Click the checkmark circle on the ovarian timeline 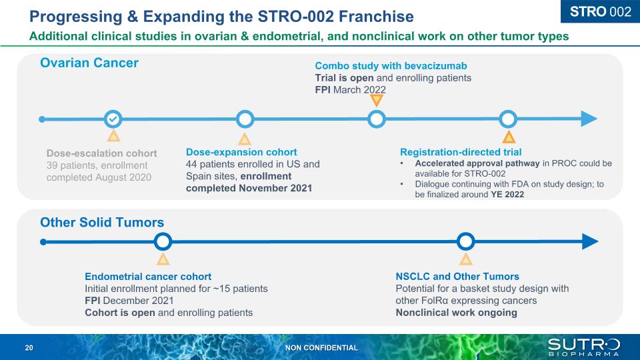tap(113, 119)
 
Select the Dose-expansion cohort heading tap(241, 152)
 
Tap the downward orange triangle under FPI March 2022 tap(376, 101)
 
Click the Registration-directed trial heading tap(461, 152)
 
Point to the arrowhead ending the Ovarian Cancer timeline tap(589, 119)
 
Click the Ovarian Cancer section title tap(89, 63)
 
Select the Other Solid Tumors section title tap(102, 222)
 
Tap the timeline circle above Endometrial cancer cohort tap(163, 241)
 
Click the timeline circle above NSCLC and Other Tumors tap(465, 241)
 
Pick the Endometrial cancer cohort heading tap(148, 276)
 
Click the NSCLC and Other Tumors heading tap(457, 276)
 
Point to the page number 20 tap(29, 348)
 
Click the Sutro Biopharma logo tap(584, 347)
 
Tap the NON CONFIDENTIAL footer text tap(321, 348)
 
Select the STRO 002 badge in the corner tap(601, 11)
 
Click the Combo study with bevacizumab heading tap(391, 66)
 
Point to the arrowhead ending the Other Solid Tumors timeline tap(590, 241)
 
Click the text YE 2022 tap(507, 194)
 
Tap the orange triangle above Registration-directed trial tap(509, 137)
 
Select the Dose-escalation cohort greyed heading tap(101, 153)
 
